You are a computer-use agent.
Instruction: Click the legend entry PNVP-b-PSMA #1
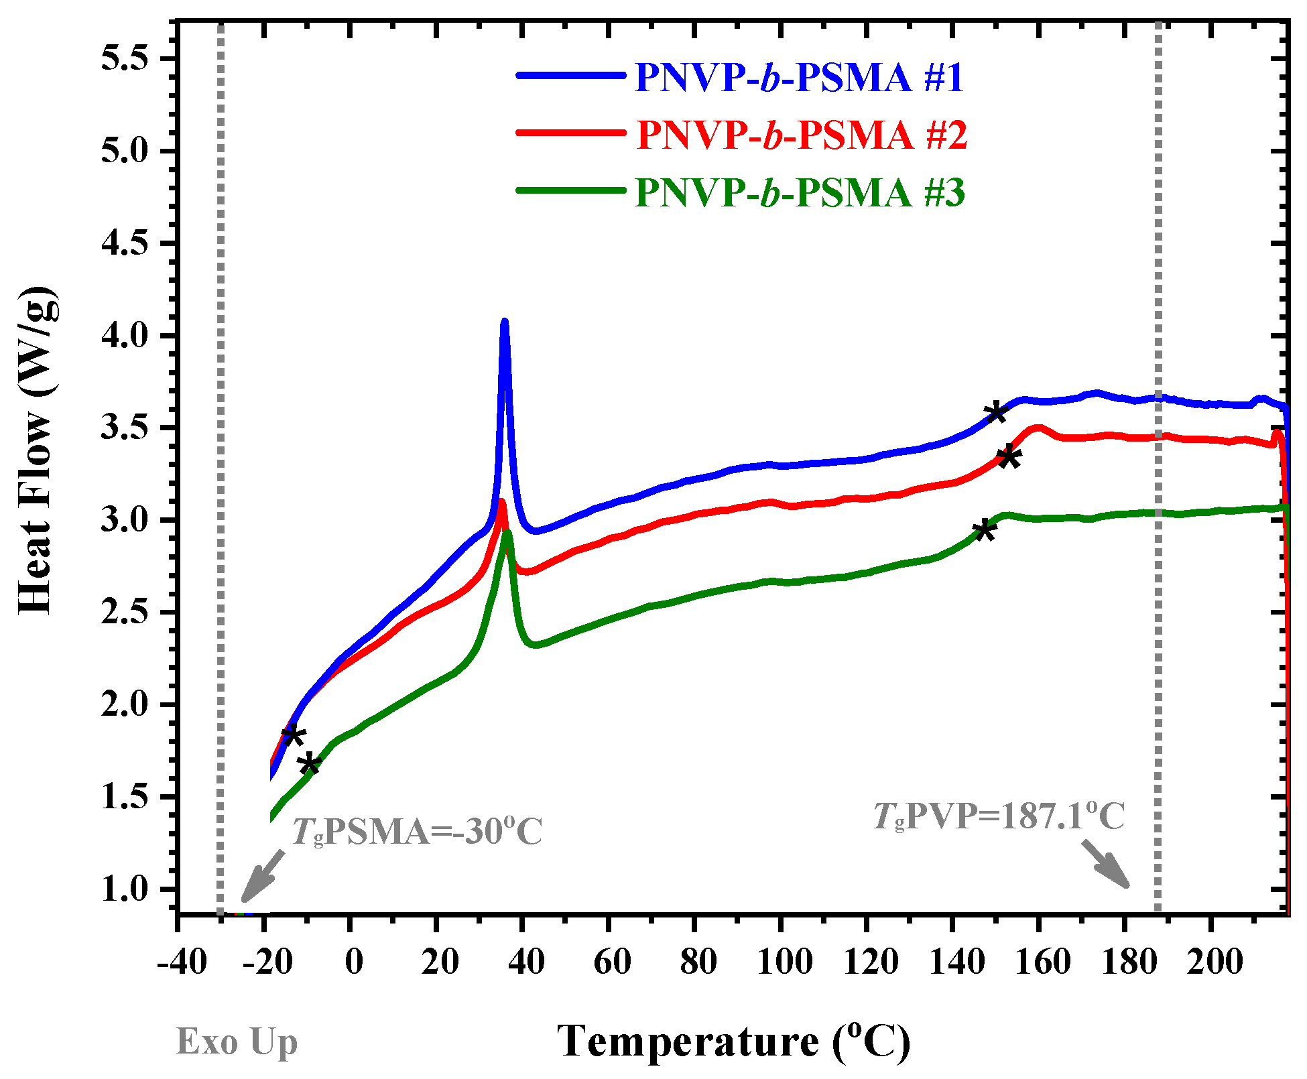coord(799,78)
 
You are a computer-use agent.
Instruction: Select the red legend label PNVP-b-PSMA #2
coord(802,135)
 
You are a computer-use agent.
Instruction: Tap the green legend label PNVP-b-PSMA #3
coord(800,193)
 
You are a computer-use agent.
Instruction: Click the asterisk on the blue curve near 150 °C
coord(997,412)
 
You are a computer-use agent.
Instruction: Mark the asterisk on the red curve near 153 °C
coord(1009,458)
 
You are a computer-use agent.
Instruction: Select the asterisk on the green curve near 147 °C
coord(984,529)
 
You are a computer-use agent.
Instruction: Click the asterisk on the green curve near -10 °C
coord(310,763)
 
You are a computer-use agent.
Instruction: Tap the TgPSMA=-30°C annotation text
coord(416,832)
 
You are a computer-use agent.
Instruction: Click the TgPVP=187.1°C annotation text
coord(999,816)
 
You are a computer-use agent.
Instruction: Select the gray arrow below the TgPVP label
coord(1106,865)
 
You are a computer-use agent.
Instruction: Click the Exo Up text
coord(237,1042)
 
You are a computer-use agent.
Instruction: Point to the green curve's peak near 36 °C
coord(507,532)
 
